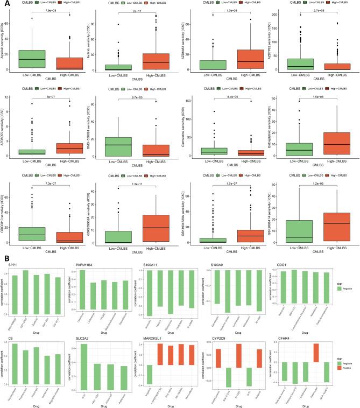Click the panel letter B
[x=4, y=258]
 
